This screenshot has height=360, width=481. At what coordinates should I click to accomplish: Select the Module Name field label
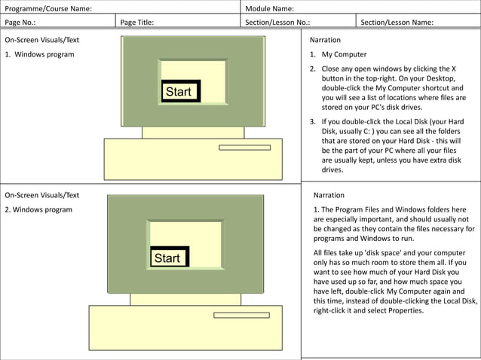[x=270, y=8]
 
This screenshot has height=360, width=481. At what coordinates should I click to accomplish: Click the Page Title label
[x=137, y=23]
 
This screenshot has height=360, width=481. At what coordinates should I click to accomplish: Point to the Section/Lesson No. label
[x=277, y=23]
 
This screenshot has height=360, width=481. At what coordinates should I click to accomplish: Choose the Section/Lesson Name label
[x=397, y=23]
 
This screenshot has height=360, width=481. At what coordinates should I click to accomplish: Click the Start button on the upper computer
[x=179, y=92]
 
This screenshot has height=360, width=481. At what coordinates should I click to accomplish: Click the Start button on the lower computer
[x=168, y=258]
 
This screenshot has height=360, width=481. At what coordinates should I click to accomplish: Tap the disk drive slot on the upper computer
[x=244, y=148]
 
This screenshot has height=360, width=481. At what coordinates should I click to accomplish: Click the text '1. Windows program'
[x=39, y=55]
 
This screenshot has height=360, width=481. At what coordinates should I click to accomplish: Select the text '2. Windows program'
[x=38, y=209]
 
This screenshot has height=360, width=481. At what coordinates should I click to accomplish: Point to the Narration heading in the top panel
[x=325, y=39]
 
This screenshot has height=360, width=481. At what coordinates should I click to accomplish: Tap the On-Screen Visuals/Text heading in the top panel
[x=41, y=39]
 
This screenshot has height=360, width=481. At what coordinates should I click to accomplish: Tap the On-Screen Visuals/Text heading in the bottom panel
[x=41, y=194]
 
